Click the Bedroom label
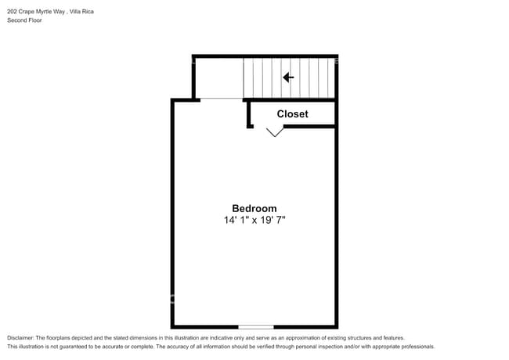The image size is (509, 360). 254,208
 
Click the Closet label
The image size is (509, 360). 292,114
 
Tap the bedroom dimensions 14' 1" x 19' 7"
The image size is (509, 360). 254,221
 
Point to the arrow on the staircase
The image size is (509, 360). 288,77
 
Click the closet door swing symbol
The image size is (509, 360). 274,132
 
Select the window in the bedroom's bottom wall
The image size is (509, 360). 256,326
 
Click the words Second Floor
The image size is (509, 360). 25,20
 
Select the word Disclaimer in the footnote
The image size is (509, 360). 21,337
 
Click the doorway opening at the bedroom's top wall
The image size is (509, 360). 222,99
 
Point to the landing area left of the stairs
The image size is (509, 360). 218,77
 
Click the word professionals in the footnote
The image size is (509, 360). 416,347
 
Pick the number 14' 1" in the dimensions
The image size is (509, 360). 234,221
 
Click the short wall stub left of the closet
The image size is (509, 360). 249,113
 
